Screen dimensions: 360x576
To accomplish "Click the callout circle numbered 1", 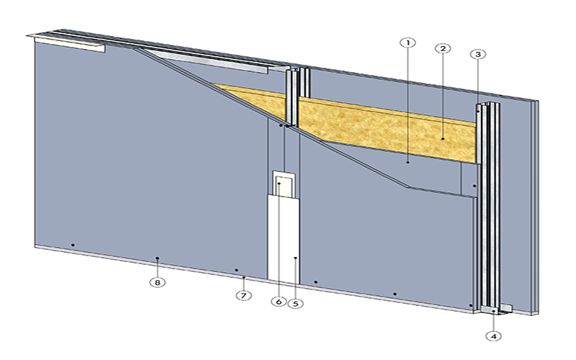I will click(408, 42).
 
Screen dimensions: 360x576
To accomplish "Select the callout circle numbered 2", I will click(443, 48).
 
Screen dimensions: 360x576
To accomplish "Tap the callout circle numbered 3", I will click(477, 54).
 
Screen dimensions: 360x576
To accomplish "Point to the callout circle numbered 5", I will click(295, 303).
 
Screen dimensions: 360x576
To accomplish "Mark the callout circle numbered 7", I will click(244, 295).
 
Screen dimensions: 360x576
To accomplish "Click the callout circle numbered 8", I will click(158, 282).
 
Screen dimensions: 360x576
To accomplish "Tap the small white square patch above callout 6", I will click(284, 184).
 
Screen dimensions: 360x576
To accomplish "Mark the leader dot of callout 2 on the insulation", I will click(443, 138).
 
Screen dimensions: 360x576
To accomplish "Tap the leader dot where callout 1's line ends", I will click(408, 163).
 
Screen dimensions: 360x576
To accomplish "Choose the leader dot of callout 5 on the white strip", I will click(295, 257).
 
